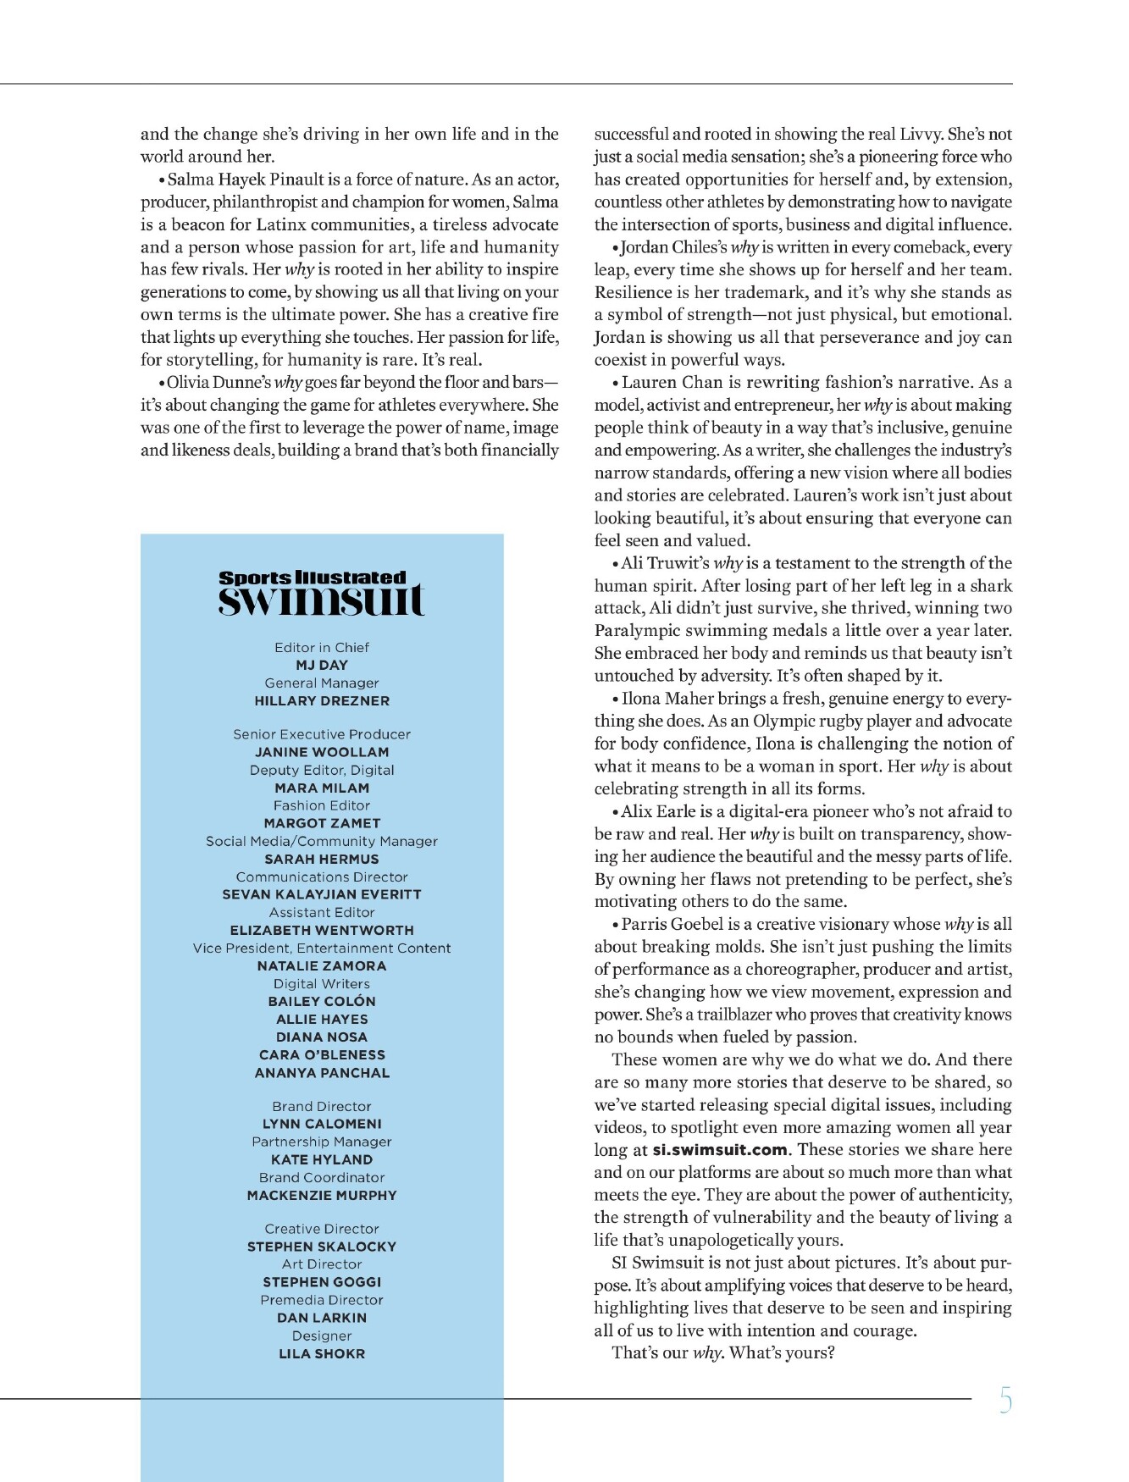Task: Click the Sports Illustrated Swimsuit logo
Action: tap(321, 593)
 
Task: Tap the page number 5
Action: tap(1005, 1401)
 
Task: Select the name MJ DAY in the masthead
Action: tap(322, 666)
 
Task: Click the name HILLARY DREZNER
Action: tap(322, 701)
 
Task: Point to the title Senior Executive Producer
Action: tap(322, 734)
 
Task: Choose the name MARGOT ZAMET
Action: tap(322, 823)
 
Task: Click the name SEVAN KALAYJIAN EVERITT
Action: tap(322, 894)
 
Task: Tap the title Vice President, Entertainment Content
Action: tap(322, 948)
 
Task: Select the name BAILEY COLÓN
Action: tap(322, 1001)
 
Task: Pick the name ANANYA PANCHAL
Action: tap(322, 1073)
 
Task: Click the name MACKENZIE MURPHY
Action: tap(322, 1196)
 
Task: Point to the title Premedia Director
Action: tap(322, 1300)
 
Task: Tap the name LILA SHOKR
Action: tap(322, 1354)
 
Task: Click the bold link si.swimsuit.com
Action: tap(720, 1150)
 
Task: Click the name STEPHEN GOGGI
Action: tap(322, 1282)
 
